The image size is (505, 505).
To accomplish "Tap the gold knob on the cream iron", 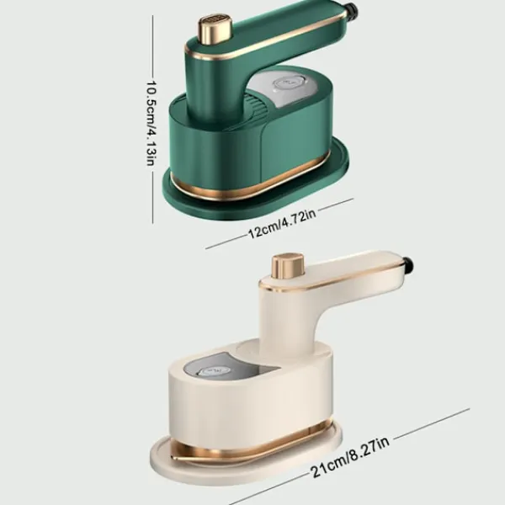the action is click(288, 266).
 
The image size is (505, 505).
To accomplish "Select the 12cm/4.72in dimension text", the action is click(282, 222).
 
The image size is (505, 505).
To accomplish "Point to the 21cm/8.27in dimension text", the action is click(349, 457).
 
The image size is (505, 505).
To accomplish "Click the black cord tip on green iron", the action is click(353, 10).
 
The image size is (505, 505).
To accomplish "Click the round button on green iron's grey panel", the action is click(288, 84).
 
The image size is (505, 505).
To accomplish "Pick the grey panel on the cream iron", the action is click(215, 369).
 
